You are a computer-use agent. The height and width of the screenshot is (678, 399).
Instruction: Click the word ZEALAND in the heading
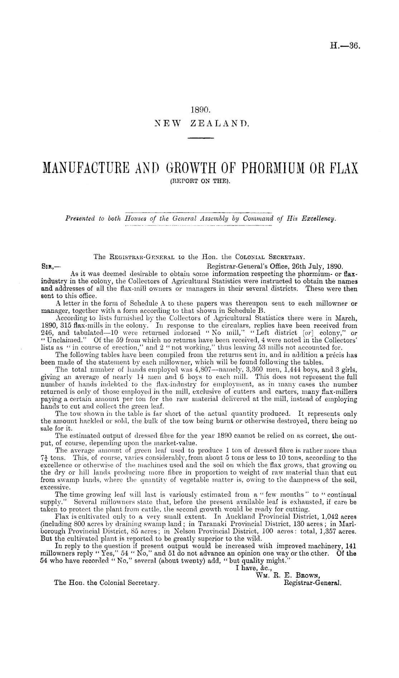pyautogui.click(x=219, y=124)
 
